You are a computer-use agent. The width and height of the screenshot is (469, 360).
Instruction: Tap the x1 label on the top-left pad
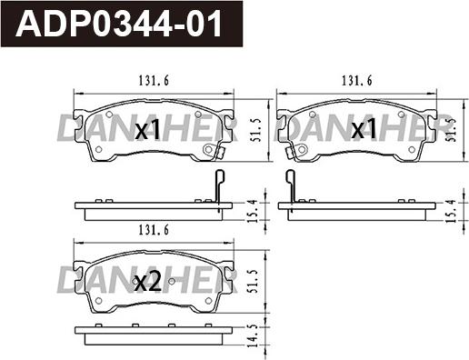click(146, 131)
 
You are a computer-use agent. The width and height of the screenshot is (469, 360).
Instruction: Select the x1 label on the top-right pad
click(364, 130)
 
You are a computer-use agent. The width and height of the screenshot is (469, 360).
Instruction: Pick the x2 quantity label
click(146, 283)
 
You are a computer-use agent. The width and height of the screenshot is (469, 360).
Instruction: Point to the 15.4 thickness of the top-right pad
click(452, 211)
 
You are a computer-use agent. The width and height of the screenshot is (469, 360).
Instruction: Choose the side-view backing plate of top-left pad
click(153, 211)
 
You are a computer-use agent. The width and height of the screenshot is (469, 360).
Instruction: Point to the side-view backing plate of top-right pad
click(358, 211)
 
